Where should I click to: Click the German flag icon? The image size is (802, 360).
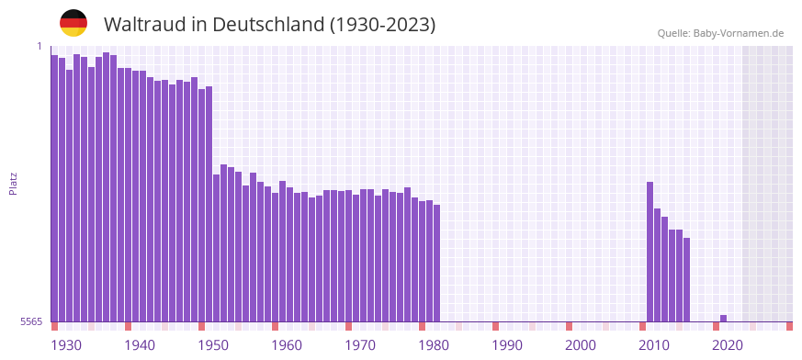click(73, 23)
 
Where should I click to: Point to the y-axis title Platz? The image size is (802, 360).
click(13, 183)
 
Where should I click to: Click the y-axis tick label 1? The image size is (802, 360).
click(40, 46)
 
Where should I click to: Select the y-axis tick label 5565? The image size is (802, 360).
click(30, 321)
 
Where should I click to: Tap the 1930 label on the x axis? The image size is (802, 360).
click(66, 345)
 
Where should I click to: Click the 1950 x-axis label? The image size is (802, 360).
click(213, 345)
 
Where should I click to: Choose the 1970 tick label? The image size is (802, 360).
click(360, 345)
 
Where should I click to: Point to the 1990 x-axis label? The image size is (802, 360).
click(507, 345)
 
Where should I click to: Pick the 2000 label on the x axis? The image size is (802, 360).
click(581, 345)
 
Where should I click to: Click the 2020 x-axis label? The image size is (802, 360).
click(728, 345)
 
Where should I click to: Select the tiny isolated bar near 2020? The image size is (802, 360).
click(723, 318)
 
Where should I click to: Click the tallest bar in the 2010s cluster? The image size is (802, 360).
click(650, 252)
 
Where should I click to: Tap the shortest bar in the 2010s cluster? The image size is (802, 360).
click(686, 279)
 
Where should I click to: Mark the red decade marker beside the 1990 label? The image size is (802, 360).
click(495, 326)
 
